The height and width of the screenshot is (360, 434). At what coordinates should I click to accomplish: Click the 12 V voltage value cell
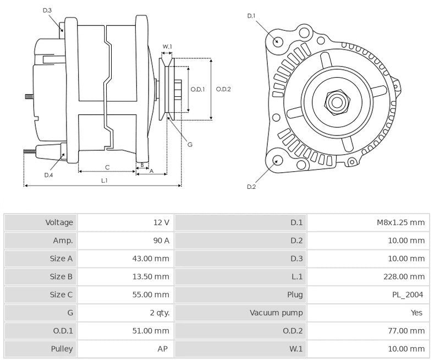(161, 222)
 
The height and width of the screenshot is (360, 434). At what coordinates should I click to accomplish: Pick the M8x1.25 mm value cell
(400, 222)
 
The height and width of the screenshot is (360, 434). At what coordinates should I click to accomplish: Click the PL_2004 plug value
(409, 294)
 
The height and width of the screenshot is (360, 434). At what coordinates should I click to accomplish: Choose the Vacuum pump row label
(276, 313)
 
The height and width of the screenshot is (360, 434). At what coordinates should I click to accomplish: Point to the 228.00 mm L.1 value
(405, 276)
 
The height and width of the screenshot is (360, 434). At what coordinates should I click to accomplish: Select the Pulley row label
(62, 348)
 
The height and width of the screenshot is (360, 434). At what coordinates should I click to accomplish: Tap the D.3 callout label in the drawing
(47, 10)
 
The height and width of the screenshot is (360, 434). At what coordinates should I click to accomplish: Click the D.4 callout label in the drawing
(48, 175)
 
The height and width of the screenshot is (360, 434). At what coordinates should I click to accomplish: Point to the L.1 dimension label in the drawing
(104, 181)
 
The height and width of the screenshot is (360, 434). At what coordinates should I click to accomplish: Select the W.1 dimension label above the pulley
(167, 46)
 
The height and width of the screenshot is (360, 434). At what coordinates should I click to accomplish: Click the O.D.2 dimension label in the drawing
(223, 89)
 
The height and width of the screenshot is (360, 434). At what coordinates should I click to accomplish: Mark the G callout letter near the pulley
(189, 145)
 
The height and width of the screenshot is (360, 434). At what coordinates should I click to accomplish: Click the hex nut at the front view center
(336, 102)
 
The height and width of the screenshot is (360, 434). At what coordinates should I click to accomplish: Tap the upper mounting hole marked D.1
(278, 41)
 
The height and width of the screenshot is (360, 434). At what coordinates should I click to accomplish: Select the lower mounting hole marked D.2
(277, 161)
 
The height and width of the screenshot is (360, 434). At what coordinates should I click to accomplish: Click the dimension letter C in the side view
(107, 167)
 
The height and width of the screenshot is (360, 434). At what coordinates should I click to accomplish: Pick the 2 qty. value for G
(160, 313)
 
